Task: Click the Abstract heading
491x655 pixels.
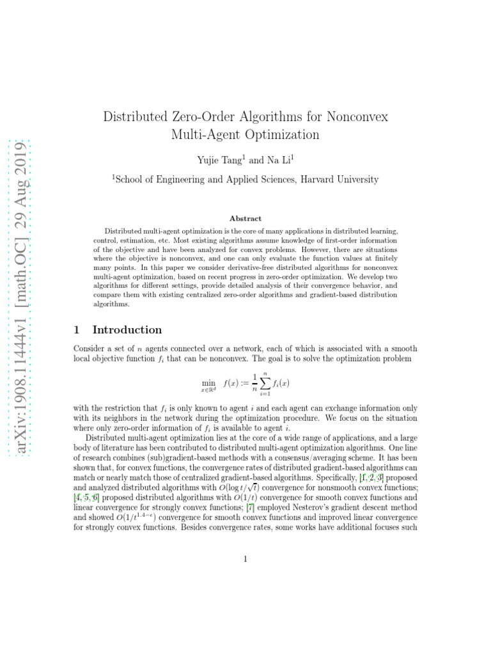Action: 245,218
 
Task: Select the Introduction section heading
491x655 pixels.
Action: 127,330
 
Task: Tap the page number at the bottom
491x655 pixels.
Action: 245,560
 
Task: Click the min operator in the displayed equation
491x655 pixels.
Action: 208,383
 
